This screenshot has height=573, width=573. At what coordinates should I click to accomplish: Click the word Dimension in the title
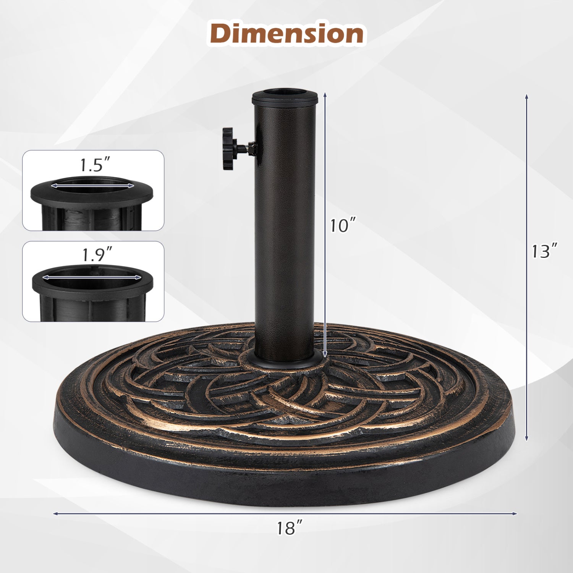[x=286, y=34]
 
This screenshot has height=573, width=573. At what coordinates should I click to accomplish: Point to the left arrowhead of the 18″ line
[x=55, y=514]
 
